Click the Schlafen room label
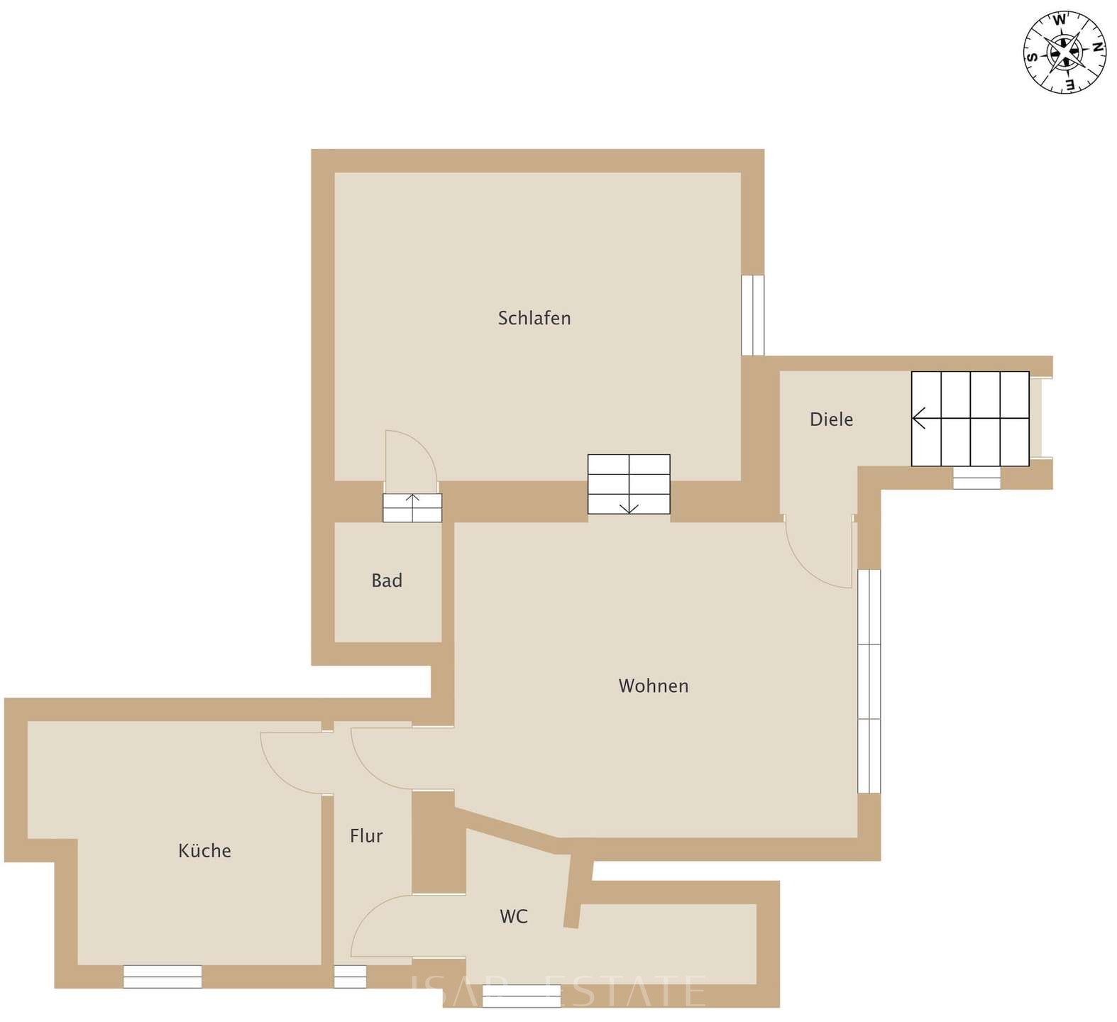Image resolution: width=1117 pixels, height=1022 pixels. point(534,318)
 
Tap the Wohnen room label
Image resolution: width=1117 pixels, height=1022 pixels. point(653,686)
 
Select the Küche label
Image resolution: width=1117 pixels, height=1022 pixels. point(204,850)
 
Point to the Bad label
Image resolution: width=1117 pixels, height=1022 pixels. point(387,581)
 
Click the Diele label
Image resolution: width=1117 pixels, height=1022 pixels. point(831,419)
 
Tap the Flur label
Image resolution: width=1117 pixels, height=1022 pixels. point(366,836)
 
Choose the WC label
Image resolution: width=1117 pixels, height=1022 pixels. point(513,916)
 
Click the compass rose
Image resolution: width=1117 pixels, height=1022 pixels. point(1064,53)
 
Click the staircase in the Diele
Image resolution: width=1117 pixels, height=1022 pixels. point(969,419)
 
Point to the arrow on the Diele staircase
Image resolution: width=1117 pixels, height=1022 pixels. point(920,419)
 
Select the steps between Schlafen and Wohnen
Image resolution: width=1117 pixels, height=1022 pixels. point(629,484)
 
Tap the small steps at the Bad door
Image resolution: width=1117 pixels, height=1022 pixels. point(412,507)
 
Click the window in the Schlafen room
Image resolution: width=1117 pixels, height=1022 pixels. point(752,315)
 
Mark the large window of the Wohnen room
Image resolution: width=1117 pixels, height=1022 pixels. point(869,681)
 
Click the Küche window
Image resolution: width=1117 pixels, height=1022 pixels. point(163,977)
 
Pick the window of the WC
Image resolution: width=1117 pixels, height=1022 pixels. point(521,996)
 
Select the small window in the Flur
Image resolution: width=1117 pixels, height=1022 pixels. point(350,977)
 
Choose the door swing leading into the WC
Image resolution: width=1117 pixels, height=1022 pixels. point(380,926)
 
